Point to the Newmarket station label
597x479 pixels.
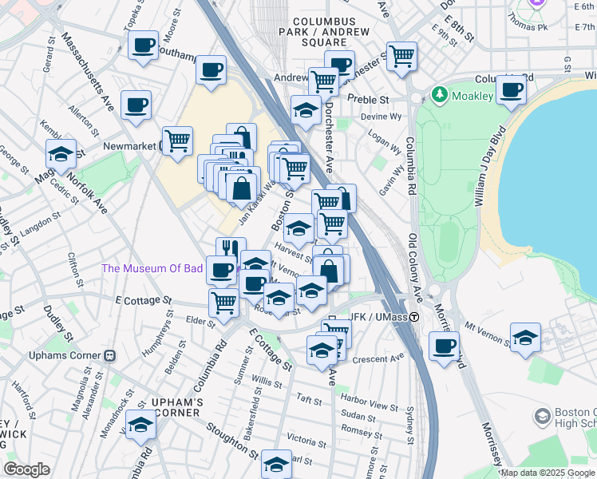click(132, 146)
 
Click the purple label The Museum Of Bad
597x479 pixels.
click(152, 268)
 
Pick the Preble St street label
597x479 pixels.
click(373, 101)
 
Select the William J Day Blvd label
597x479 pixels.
click(492, 168)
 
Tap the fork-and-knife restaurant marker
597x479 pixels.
click(231, 249)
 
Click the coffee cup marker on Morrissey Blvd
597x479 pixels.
click(444, 346)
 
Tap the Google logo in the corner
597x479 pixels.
click(26, 469)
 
